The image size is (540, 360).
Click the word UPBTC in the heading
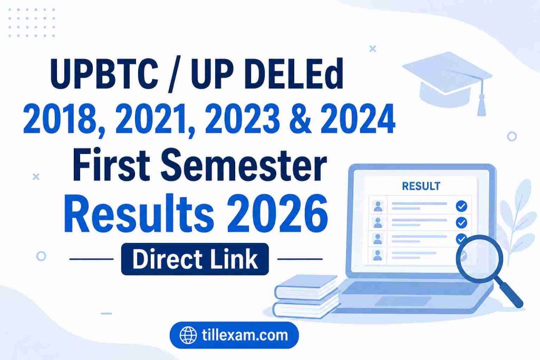tap(104, 73)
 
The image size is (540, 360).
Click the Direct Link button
tap(195, 259)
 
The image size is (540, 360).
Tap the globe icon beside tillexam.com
tap(188, 335)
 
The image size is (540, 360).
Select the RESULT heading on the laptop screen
tap(421, 186)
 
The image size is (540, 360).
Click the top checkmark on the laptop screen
tap(461, 206)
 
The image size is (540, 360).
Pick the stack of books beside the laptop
tap(306, 296)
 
